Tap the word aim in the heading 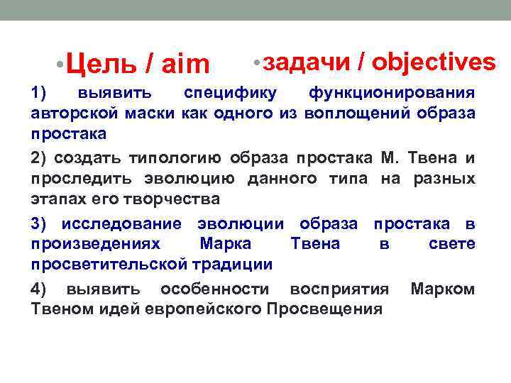click(x=186, y=65)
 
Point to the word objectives click(x=434, y=62)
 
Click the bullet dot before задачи click(x=257, y=63)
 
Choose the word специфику click(x=225, y=93)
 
